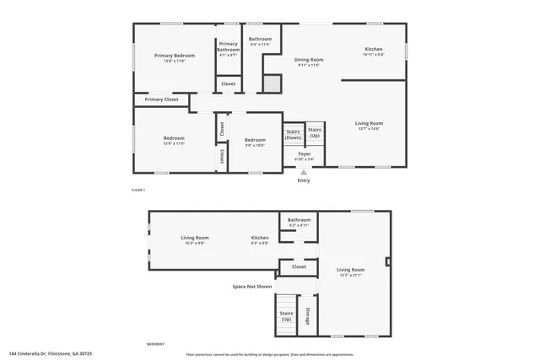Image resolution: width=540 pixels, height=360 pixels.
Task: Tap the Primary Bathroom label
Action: click(229, 50)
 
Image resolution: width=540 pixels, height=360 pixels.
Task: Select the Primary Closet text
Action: click(161, 99)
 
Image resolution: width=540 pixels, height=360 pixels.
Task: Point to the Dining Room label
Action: click(309, 60)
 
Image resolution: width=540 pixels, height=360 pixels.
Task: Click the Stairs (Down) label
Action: click(294, 134)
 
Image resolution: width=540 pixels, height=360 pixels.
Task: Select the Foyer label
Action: click(304, 154)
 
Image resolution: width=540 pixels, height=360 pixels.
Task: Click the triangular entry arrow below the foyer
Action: click(304, 171)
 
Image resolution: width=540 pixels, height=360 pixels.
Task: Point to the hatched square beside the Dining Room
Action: click(272, 83)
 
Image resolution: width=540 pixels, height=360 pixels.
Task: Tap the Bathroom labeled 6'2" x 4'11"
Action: click(300, 221)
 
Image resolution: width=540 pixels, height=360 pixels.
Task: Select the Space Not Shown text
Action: click(252, 287)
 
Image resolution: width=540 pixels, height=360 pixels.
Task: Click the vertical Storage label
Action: click(308, 315)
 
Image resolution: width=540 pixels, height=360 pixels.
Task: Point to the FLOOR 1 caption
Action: click(138, 191)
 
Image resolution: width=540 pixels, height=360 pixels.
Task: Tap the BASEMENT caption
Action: click(155, 345)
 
